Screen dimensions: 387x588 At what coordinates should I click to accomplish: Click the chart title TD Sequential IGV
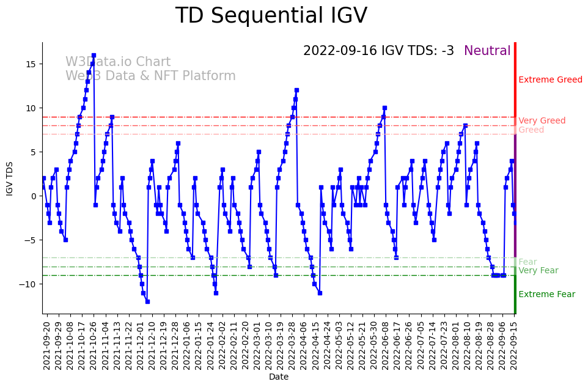(271, 16)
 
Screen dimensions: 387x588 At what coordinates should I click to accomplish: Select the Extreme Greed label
(550, 80)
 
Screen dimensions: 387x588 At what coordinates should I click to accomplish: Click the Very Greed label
(542, 121)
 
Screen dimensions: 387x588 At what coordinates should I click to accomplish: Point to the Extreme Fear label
(546, 295)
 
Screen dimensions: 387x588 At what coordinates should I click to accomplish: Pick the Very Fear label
(538, 271)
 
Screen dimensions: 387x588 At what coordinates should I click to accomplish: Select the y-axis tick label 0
(34, 196)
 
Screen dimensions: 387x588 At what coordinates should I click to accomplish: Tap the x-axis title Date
(279, 377)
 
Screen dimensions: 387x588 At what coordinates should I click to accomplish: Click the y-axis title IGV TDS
(10, 178)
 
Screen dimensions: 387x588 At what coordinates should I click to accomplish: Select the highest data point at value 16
(94, 55)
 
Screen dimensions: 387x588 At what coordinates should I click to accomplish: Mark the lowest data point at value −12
(147, 301)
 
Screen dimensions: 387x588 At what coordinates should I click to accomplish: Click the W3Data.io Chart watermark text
(118, 62)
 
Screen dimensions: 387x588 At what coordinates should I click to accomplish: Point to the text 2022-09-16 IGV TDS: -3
(378, 51)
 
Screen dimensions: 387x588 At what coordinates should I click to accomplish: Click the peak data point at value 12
(296, 90)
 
